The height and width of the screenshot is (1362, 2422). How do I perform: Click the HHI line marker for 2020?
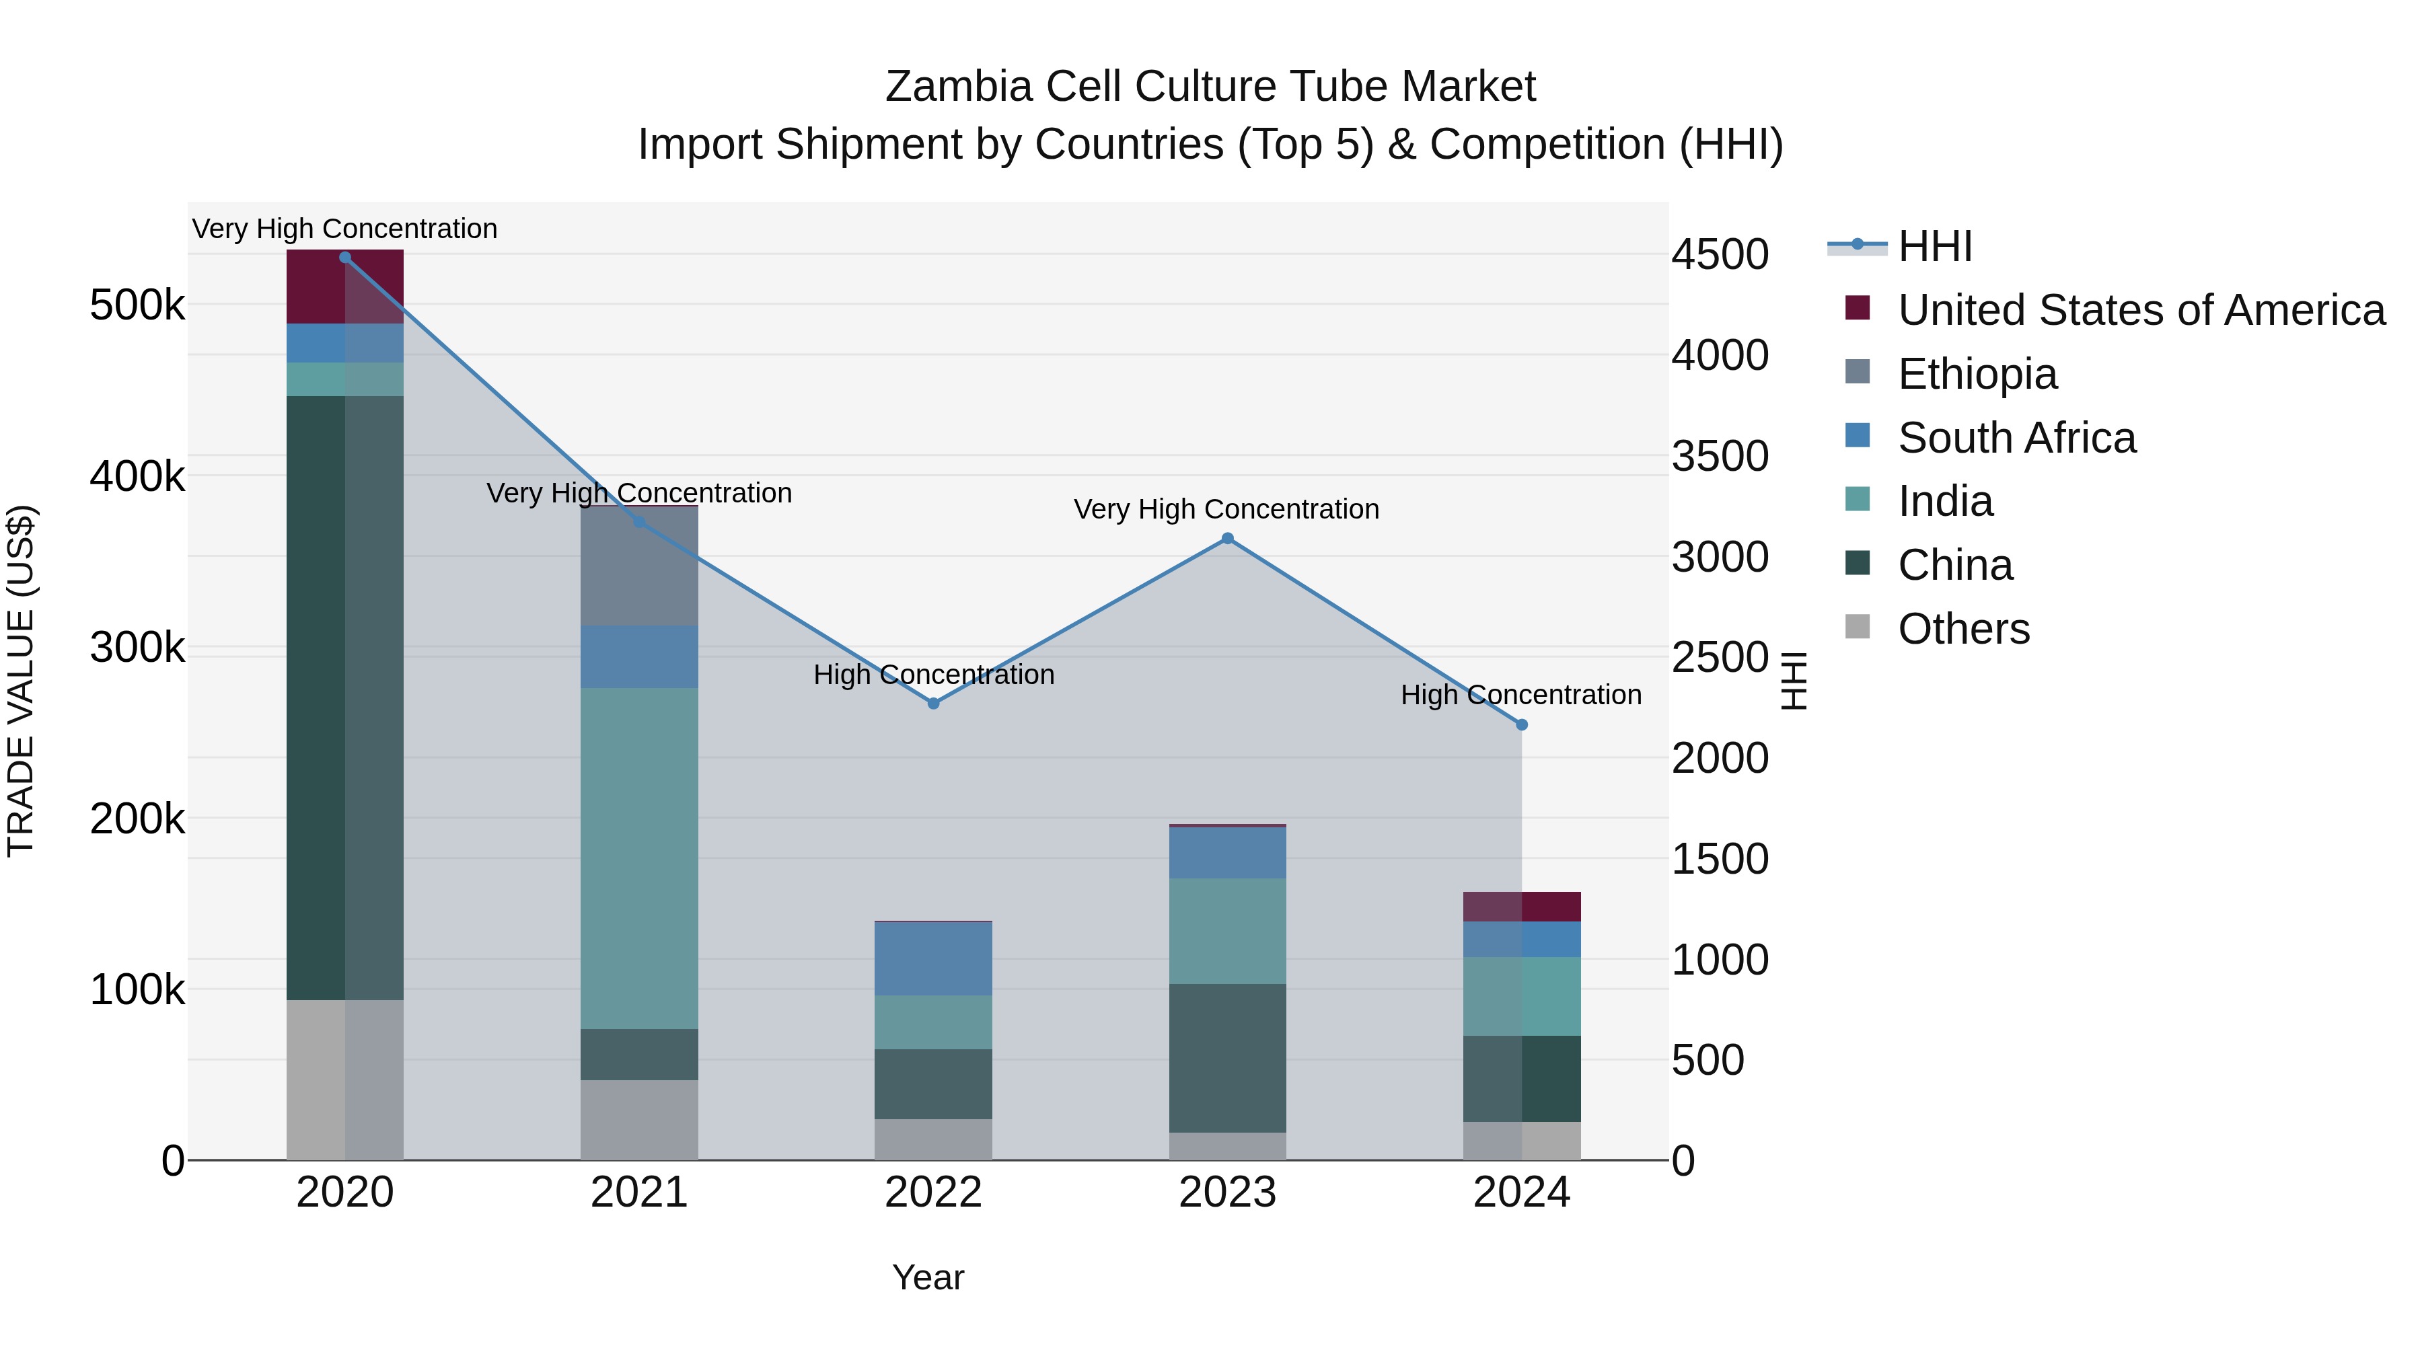pyautogui.click(x=345, y=258)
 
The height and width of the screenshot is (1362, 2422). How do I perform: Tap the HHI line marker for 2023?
pyautogui.click(x=1227, y=539)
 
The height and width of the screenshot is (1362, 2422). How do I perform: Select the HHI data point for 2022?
pyautogui.click(x=934, y=703)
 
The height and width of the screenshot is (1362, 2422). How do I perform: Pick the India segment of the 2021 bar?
pyautogui.click(x=639, y=858)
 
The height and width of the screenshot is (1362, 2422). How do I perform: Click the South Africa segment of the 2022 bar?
pyautogui.click(x=934, y=958)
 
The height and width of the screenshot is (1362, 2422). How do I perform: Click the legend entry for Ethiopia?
pyautogui.click(x=1977, y=374)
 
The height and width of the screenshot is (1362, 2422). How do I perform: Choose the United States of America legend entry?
pyautogui.click(x=2141, y=310)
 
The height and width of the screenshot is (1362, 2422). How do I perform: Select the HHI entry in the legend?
pyautogui.click(x=1934, y=246)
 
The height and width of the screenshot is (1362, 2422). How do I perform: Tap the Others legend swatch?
pyautogui.click(x=1858, y=627)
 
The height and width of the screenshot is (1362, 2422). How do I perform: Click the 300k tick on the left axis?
pyautogui.click(x=137, y=648)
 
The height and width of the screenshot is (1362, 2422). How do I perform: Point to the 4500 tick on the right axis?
pyautogui.click(x=1720, y=255)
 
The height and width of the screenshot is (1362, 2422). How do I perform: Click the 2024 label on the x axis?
pyautogui.click(x=1521, y=1193)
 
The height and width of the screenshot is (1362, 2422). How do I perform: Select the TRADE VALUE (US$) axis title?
pyautogui.click(x=21, y=681)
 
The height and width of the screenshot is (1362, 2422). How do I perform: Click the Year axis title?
pyautogui.click(x=928, y=1277)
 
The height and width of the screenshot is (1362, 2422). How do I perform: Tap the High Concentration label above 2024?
pyautogui.click(x=1520, y=695)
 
